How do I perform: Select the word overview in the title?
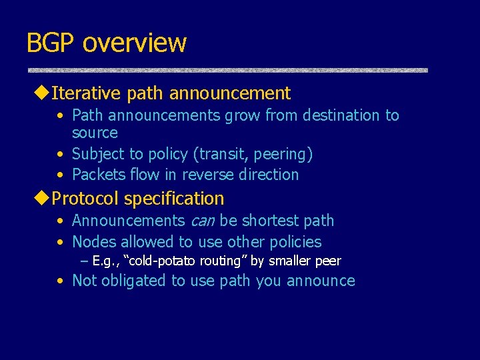tap(135, 43)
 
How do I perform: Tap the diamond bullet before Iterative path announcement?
tap(43, 93)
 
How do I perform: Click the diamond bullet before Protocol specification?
tap(43, 198)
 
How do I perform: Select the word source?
tap(95, 133)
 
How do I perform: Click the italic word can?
tap(203, 221)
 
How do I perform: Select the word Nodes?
tap(91, 242)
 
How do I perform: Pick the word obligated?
tap(135, 281)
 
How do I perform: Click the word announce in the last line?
tap(321, 281)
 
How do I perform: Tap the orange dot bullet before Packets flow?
tap(60, 175)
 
